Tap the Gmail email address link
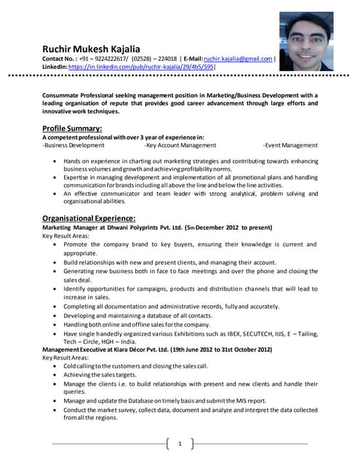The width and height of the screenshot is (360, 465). click(x=238, y=59)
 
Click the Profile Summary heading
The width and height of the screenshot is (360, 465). click(x=72, y=129)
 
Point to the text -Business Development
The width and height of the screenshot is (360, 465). click(x=73, y=145)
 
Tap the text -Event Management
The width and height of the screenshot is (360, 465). click(x=290, y=145)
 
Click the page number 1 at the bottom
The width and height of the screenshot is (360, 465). click(x=180, y=443)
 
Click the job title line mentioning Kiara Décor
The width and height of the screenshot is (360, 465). click(x=157, y=349)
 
